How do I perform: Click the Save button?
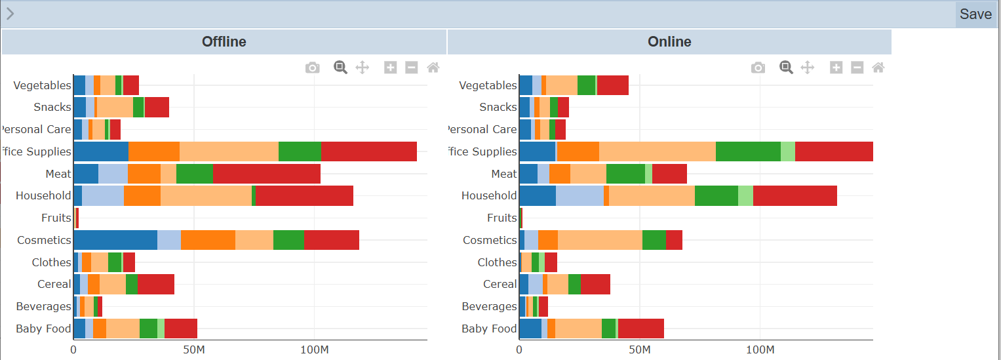[975, 14]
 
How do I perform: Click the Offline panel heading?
[224, 42]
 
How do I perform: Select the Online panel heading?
[669, 42]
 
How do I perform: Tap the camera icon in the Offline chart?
[313, 68]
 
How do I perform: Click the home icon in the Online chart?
[878, 68]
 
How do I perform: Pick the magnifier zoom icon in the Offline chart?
[340, 67]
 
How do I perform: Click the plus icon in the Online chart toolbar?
[836, 68]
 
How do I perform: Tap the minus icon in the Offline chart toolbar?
[412, 68]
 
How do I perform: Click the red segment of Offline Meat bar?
[267, 174]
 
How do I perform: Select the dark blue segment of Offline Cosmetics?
[115, 240]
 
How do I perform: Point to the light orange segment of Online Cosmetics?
[600, 240]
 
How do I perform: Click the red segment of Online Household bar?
[795, 195]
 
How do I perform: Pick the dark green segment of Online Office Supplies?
[748, 151]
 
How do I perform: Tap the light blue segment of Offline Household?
[103, 195]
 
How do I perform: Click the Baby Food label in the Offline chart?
[43, 329]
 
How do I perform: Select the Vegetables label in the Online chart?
[488, 85]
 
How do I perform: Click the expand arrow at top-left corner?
[10, 14]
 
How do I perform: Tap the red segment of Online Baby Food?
[641, 329]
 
